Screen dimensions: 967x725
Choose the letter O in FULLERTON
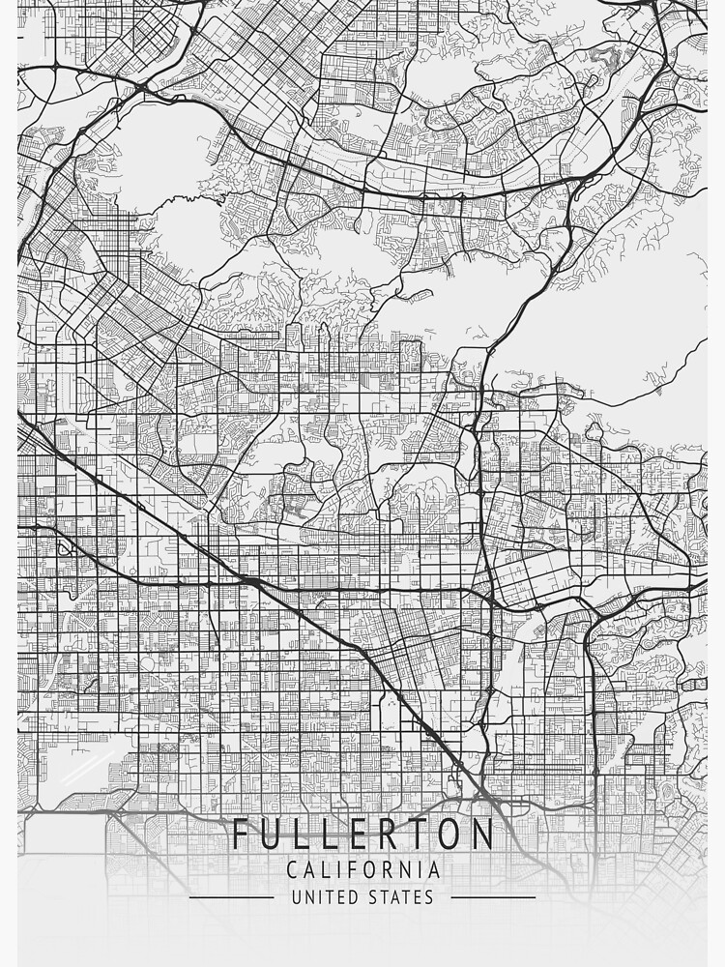(453, 834)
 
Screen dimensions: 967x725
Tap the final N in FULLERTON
(484, 834)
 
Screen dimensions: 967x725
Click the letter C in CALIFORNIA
(292, 870)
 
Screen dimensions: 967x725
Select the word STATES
(401, 897)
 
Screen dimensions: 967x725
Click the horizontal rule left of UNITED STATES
(231, 897)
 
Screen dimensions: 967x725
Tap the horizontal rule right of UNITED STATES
(493, 897)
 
